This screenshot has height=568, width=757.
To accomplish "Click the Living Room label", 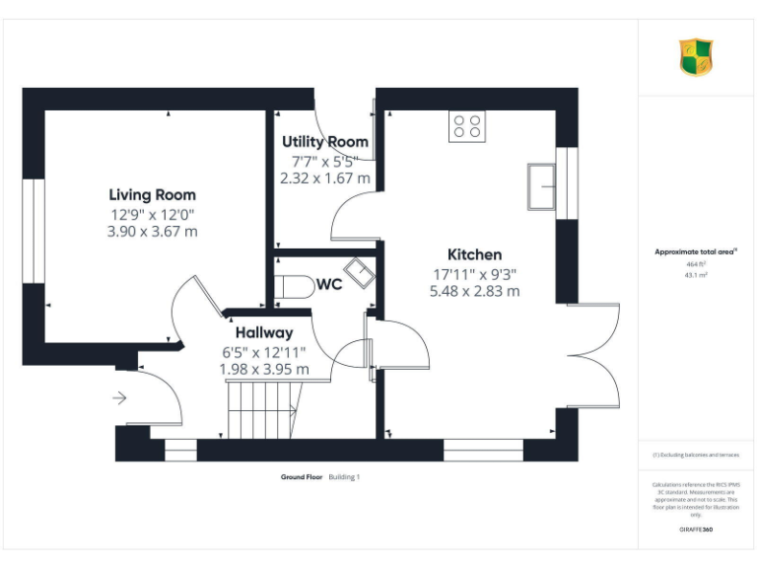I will coord(152,195).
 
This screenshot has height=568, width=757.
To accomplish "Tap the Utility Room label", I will coord(325,142).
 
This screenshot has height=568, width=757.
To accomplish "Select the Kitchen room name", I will coord(474,254).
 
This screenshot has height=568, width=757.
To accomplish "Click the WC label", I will coord(328,285).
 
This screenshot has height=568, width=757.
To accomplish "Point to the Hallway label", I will coord(263,333).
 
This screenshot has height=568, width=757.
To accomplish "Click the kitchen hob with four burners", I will coord(468,126).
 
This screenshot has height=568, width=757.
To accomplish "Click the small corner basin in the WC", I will coord(358,273).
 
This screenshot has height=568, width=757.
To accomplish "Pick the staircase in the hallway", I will coord(263,409).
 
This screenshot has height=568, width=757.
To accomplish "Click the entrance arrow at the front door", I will coord(120,398).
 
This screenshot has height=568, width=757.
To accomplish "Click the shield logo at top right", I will coord(696,57).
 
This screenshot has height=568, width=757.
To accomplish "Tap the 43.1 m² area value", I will coord(697,275).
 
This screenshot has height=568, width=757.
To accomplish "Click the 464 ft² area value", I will coord(697,264).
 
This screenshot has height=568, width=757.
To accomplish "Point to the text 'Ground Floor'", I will coord(302,477).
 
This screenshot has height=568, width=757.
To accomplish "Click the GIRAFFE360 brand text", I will coord(697,531).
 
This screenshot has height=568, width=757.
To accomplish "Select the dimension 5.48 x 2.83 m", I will coord(474,291).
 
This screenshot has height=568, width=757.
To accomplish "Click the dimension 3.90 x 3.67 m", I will coord(152,232).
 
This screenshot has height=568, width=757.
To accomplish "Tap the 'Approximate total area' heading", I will coord(695,252).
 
